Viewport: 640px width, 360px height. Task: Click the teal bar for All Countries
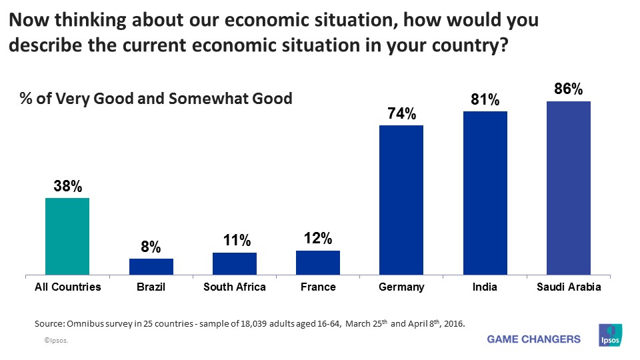click(x=67, y=236)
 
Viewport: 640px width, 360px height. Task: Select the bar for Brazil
click(x=151, y=267)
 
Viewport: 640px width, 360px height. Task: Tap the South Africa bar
click(x=234, y=263)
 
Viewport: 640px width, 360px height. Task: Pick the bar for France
click(x=317, y=263)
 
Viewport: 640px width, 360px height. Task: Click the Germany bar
click(x=401, y=199)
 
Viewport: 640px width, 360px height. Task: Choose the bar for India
click(x=485, y=193)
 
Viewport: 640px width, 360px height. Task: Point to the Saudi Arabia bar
click(x=568, y=187)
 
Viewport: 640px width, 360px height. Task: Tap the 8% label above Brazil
click(x=151, y=248)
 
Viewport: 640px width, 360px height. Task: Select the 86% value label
click(x=568, y=89)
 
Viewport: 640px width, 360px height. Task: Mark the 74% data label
click(x=401, y=114)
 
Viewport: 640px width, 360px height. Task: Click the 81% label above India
click(x=485, y=100)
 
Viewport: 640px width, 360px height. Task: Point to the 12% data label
click(x=317, y=239)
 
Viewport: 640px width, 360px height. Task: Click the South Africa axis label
click(x=234, y=287)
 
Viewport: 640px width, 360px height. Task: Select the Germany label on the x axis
click(x=401, y=287)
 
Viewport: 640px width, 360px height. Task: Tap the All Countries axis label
click(x=67, y=287)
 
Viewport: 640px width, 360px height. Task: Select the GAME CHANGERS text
click(x=534, y=339)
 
